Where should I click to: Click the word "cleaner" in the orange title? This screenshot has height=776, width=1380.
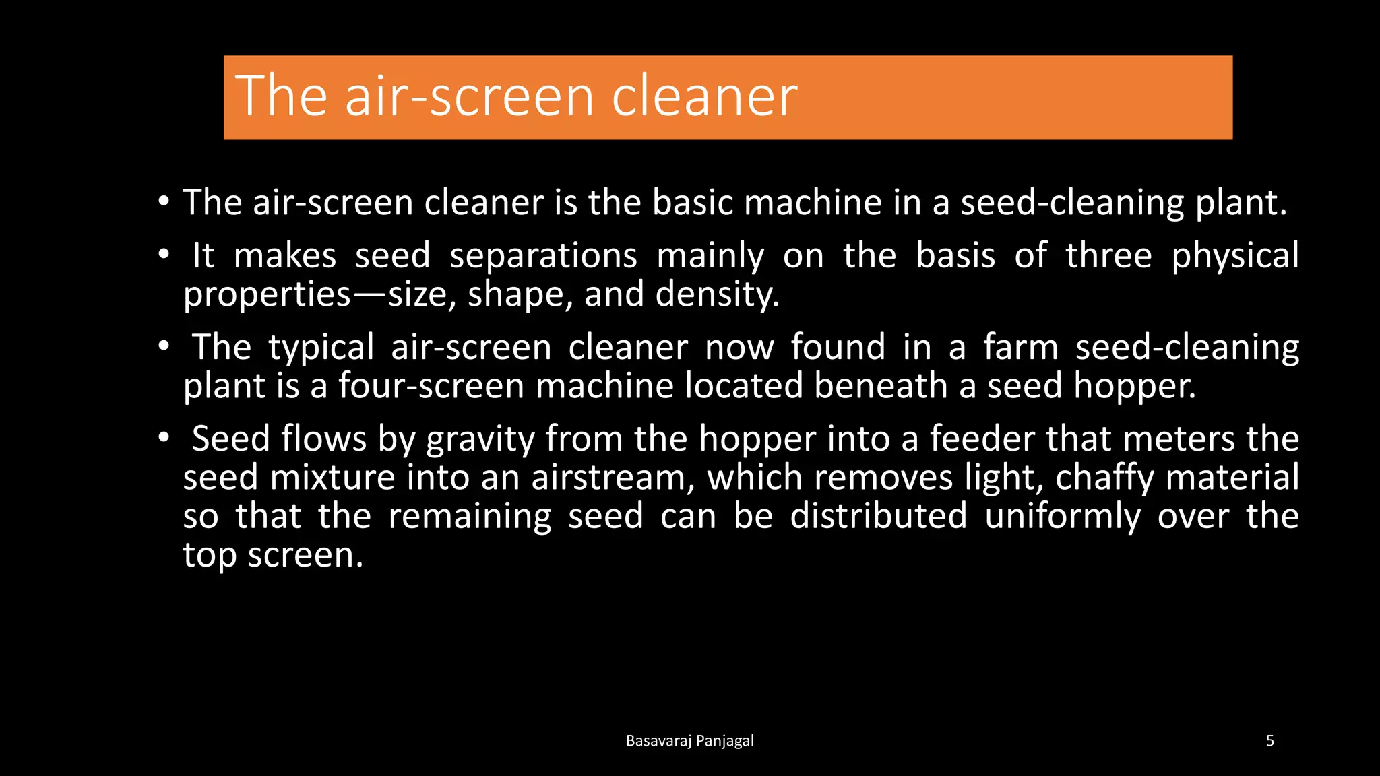click(704, 96)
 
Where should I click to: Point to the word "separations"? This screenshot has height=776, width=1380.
click(543, 256)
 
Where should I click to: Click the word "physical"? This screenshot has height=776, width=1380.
click(1235, 256)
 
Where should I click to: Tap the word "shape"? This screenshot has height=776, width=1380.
click(520, 294)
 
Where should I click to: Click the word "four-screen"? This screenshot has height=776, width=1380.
click(431, 386)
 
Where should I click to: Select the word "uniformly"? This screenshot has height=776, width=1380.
click(1063, 516)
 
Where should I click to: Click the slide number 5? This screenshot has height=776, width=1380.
click(1270, 741)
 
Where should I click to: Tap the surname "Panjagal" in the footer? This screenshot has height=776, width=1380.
click(724, 741)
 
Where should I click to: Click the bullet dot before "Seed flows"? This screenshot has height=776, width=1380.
click(164, 439)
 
